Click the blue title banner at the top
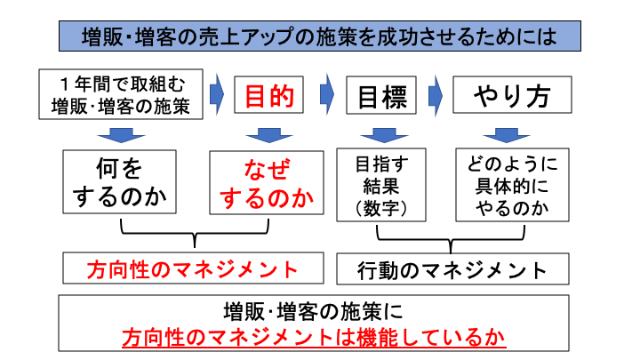pos(320,36)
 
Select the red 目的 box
pos(268,96)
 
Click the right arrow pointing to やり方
pos(435,92)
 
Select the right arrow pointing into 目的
pos(216,92)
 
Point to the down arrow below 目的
pos(262,135)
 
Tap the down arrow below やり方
pos(506,135)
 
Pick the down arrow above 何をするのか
pos(121,135)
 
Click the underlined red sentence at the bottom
pos(319,339)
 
